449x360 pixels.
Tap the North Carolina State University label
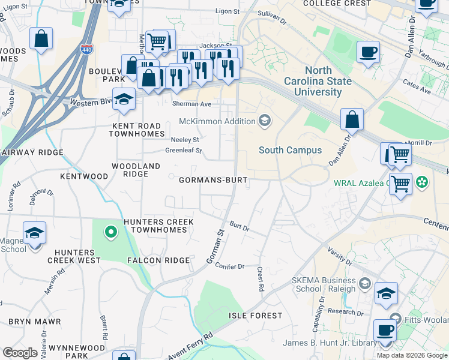point(318,82)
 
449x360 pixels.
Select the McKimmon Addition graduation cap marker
point(264,121)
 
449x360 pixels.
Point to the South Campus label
point(290,150)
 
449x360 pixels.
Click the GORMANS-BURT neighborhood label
point(213,179)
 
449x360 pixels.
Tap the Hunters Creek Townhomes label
point(158,226)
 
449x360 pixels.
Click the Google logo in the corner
point(20,353)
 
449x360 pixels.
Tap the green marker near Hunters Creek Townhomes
point(110,231)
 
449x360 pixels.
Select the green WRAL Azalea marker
point(423,181)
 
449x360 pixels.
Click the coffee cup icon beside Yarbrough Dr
point(367,52)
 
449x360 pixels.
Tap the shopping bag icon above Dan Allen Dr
point(352,119)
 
